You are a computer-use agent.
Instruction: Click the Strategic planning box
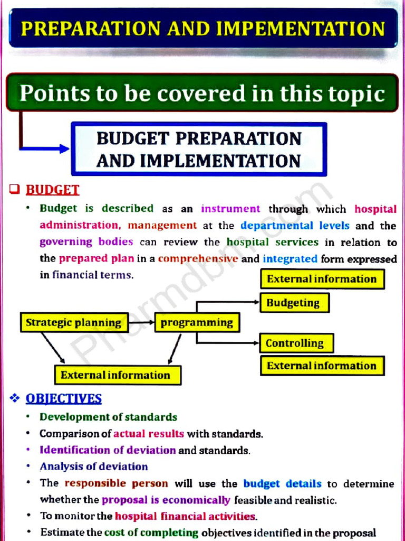[x=74, y=322]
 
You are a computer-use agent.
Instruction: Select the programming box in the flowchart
[x=197, y=322]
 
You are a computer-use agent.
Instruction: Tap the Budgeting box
[x=294, y=303]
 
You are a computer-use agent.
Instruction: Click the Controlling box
[x=296, y=343]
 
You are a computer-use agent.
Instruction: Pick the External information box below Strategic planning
[x=117, y=375]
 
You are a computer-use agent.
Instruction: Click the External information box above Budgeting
[x=322, y=279]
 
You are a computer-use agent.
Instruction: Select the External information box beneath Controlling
[x=322, y=366]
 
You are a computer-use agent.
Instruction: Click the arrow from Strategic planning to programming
[x=141, y=322]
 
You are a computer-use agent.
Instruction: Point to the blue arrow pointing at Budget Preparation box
[x=45, y=148]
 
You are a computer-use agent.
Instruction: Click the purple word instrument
[x=230, y=209]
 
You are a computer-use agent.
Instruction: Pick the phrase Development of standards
[x=109, y=417]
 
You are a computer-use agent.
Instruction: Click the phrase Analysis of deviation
[x=94, y=467]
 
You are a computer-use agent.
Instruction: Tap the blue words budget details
[x=282, y=483]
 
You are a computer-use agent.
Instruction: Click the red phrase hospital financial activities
[x=186, y=516]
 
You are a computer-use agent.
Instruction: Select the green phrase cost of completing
[x=151, y=533]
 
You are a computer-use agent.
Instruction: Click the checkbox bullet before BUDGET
[x=15, y=189]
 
